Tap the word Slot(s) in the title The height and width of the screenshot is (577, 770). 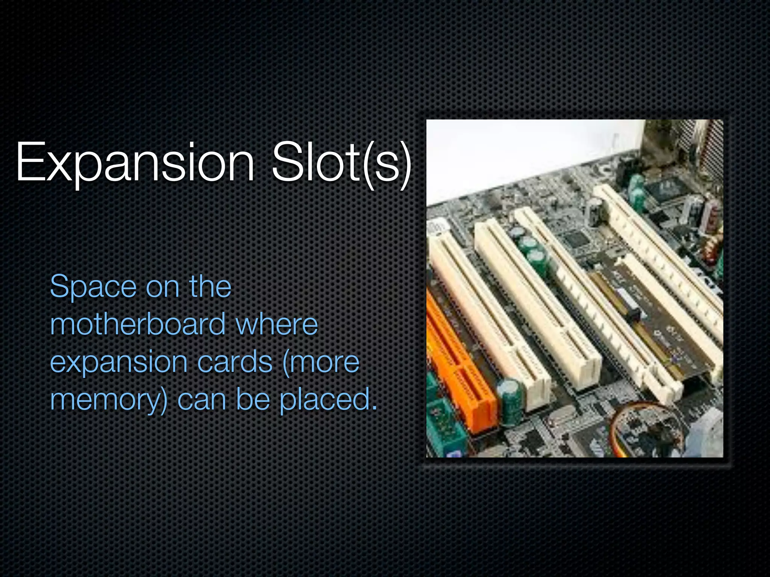coord(341,162)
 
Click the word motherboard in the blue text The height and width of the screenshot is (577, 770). coord(138,325)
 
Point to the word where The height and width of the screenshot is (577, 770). coord(277,325)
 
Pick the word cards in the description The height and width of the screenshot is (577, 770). coord(235,362)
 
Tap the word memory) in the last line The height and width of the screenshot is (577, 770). coord(108,400)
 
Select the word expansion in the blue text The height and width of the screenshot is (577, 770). coord(119,363)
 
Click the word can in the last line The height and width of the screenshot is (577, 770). coord(202,400)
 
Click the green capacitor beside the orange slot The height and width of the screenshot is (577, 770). coord(510,398)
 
